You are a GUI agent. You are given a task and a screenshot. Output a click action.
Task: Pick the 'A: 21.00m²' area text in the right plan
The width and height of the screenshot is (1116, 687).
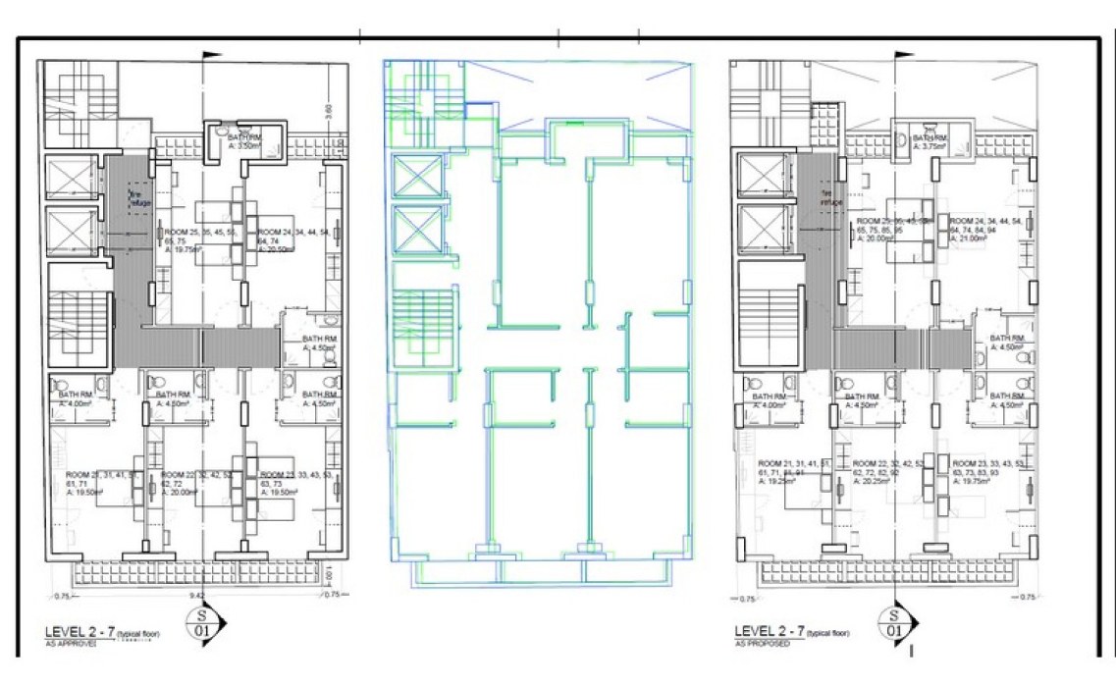(973, 238)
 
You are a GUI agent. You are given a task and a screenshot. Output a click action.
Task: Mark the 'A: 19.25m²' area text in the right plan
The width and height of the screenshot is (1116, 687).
(781, 482)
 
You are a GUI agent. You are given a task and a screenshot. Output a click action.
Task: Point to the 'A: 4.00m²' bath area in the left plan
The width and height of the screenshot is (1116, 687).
(76, 403)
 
